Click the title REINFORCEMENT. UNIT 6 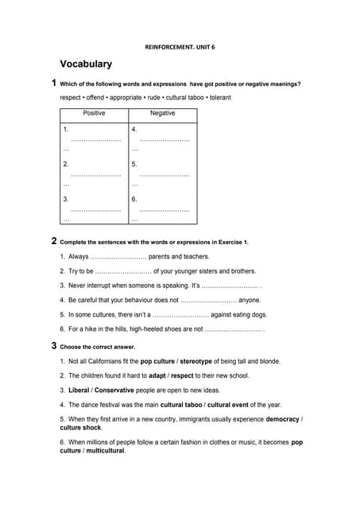[180, 47]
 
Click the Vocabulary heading [86, 64]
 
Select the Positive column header [94, 114]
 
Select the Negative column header [162, 114]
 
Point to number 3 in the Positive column [66, 199]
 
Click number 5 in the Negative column [134, 164]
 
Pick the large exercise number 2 [53, 241]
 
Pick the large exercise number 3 [53, 346]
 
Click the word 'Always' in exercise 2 [78, 257]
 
